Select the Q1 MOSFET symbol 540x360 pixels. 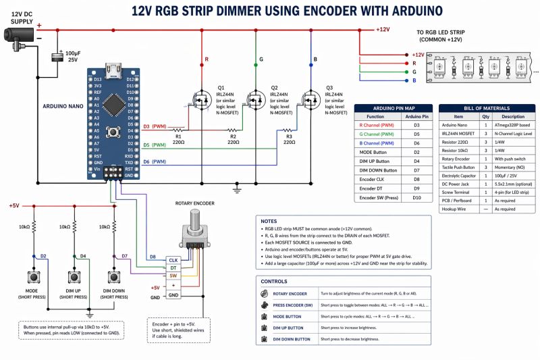201,100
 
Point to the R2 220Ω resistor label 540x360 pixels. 233,139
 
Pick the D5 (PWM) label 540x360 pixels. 155,145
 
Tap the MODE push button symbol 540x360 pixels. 32,276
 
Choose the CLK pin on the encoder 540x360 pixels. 173,259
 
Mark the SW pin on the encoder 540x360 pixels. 173,276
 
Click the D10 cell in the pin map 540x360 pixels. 416,198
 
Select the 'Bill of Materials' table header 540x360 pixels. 482,108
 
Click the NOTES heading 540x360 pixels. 269,221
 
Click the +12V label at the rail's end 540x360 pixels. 383,30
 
